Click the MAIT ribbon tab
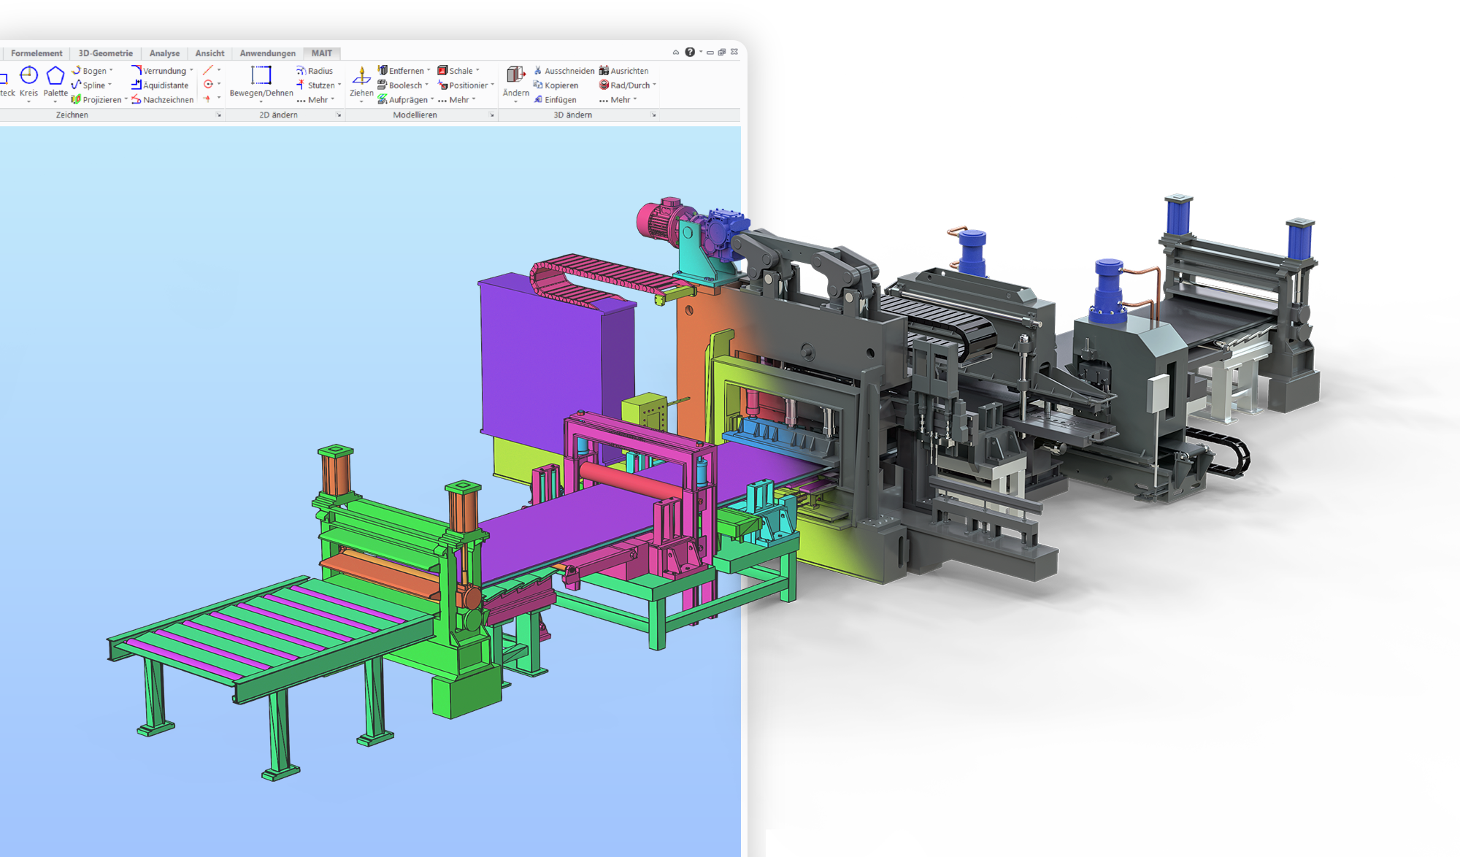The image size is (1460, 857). [321, 53]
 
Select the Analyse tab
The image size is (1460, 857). [164, 53]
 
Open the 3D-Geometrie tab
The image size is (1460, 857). [105, 53]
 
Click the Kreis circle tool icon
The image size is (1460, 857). [28, 75]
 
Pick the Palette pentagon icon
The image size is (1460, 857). [55, 75]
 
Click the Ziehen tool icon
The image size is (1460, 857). [361, 76]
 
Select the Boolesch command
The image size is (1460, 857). [404, 85]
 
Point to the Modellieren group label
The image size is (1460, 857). [415, 115]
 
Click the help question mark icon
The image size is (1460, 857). [690, 52]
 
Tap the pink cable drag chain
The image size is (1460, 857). [599, 274]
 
